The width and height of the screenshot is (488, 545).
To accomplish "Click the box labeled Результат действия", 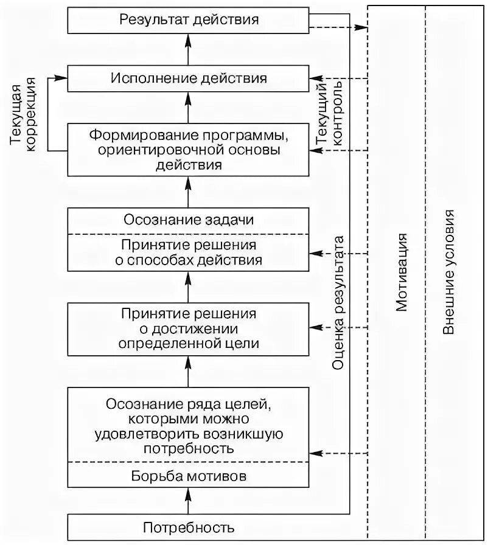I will tap(189, 19).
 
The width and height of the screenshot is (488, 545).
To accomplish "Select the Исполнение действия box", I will tap(189, 78).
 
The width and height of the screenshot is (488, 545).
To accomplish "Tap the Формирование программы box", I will tap(189, 148).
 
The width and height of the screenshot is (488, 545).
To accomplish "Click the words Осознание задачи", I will tap(189, 220).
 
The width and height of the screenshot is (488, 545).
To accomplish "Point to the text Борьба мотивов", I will tap(189, 476).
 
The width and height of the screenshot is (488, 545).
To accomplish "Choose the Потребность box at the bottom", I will tap(189, 527).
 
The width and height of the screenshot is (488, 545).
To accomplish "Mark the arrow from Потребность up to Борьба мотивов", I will tap(189, 502).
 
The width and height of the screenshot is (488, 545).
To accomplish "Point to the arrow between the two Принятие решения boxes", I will tap(189, 285).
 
